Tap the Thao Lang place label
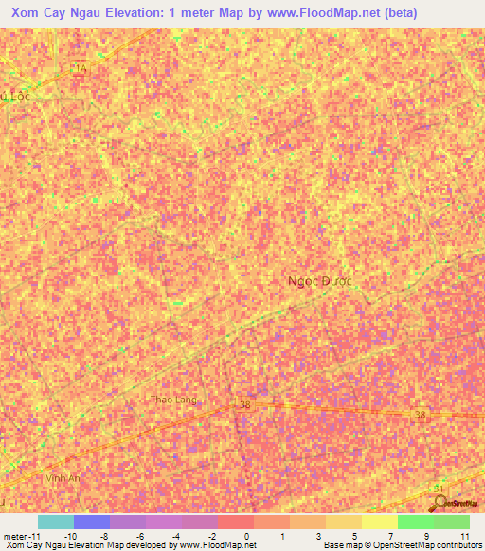(173, 400)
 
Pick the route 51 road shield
(438, 488)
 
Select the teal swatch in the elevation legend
(56, 522)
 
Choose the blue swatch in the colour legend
(92, 522)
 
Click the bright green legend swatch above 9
(415, 522)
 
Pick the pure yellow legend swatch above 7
(379, 522)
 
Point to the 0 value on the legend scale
(248, 536)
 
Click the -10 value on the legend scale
(69, 536)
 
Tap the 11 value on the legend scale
(464, 536)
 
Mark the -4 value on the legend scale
(176, 536)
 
